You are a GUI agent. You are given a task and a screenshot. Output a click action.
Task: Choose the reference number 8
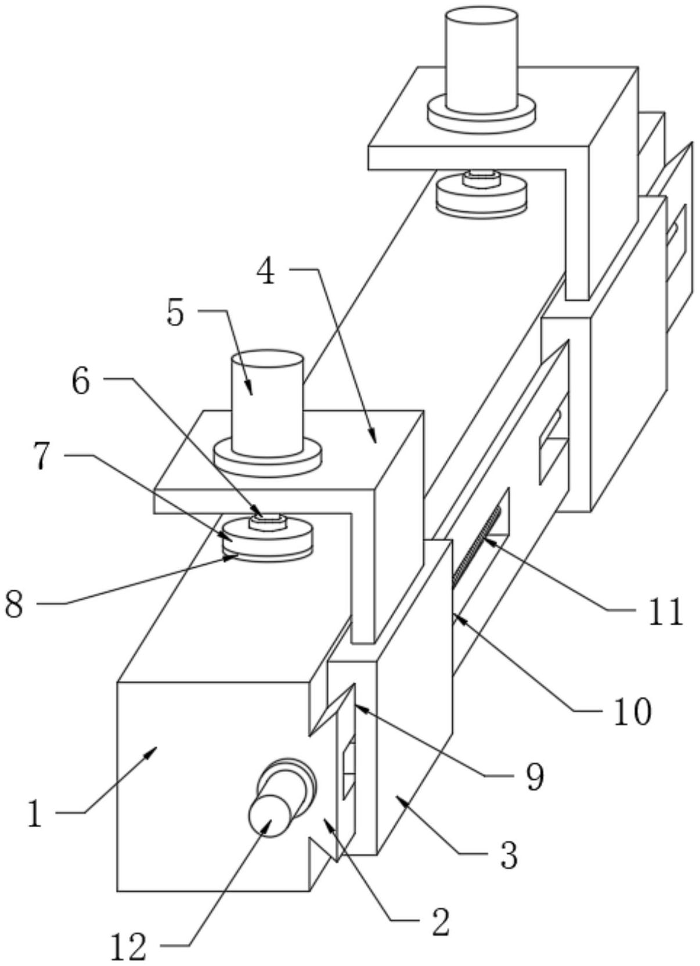click(x=14, y=604)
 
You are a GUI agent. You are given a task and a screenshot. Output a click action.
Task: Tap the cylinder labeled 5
click(x=268, y=403)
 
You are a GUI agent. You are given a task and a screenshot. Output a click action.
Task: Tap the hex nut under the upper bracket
click(x=481, y=178)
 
